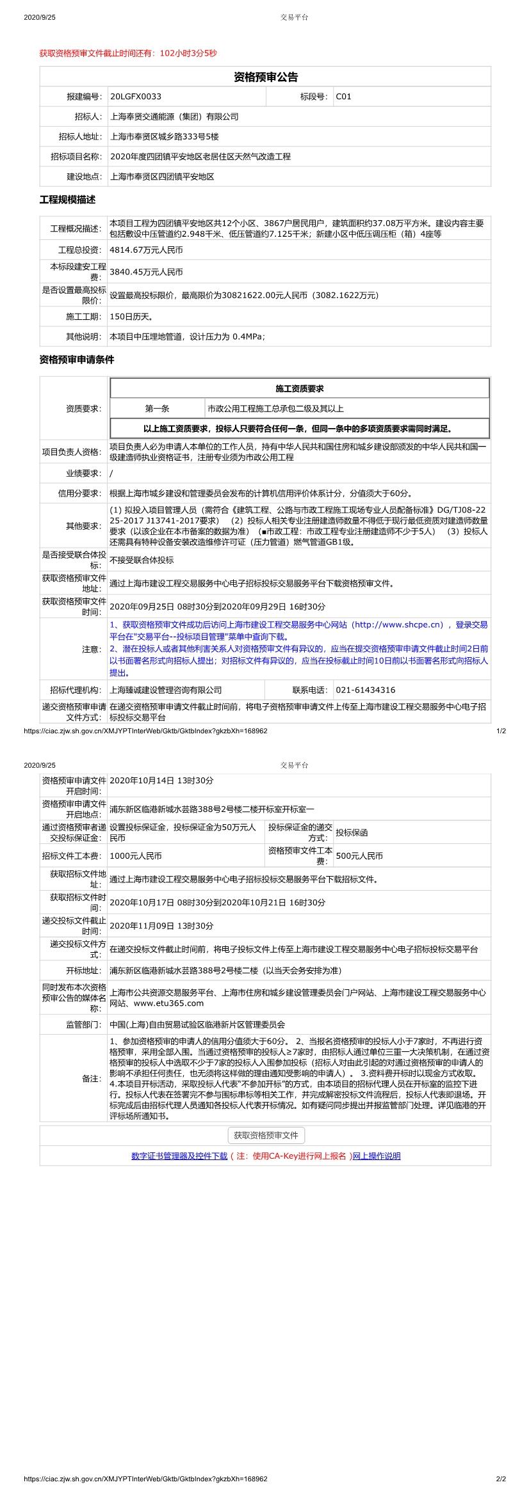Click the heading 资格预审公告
[265, 77]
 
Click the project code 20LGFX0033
[136, 97]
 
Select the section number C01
[344, 97]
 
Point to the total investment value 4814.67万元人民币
[146, 250]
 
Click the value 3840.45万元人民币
[146, 271]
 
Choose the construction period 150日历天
[131, 317]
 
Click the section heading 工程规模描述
[67, 200]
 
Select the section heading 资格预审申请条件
[77, 360]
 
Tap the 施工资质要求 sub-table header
[299, 389]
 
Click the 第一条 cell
[157, 409]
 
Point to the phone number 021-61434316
[366, 690]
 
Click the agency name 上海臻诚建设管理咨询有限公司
[166, 690]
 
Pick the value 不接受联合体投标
[142, 560]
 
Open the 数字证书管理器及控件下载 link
[179, 1156]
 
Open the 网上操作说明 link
[377, 1156]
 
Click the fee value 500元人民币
[359, 855]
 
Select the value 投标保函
[352, 832]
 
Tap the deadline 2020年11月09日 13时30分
[161, 926]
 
